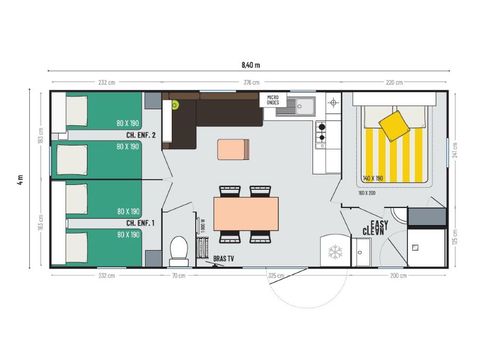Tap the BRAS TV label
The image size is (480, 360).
click(x=223, y=258)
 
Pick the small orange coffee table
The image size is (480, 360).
click(x=233, y=149)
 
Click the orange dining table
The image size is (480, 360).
click(x=245, y=212)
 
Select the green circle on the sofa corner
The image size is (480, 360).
click(x=175, y=103)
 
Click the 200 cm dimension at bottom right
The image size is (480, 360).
click(x=396, y=274)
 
